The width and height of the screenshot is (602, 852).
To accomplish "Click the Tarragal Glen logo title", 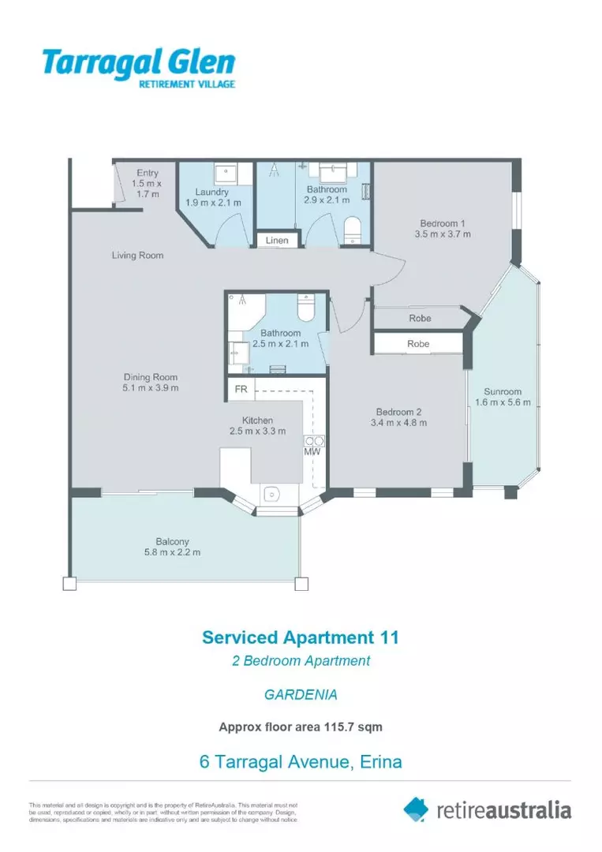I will click(138, 62).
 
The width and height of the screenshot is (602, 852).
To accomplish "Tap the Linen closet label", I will click(277, 241).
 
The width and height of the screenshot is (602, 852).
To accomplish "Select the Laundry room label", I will click(212, 192).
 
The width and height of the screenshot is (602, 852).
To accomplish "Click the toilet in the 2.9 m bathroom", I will click(353, 230).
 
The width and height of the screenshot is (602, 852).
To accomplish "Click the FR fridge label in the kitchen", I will click(240, 390).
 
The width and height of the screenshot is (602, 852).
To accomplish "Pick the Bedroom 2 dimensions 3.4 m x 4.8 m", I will click(401, 423).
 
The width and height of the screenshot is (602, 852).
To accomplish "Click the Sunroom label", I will click(503, 391).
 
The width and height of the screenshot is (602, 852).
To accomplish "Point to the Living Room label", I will click(137, 256).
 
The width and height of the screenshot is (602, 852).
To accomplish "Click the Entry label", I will click(148, 173).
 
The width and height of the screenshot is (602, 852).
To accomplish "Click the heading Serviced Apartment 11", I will click(301, 637).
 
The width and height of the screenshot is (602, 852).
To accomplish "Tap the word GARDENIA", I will click(301, 695).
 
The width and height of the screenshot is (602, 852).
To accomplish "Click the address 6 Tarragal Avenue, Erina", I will click(301, 762).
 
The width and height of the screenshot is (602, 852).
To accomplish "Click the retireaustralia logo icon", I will click(416, 809).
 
